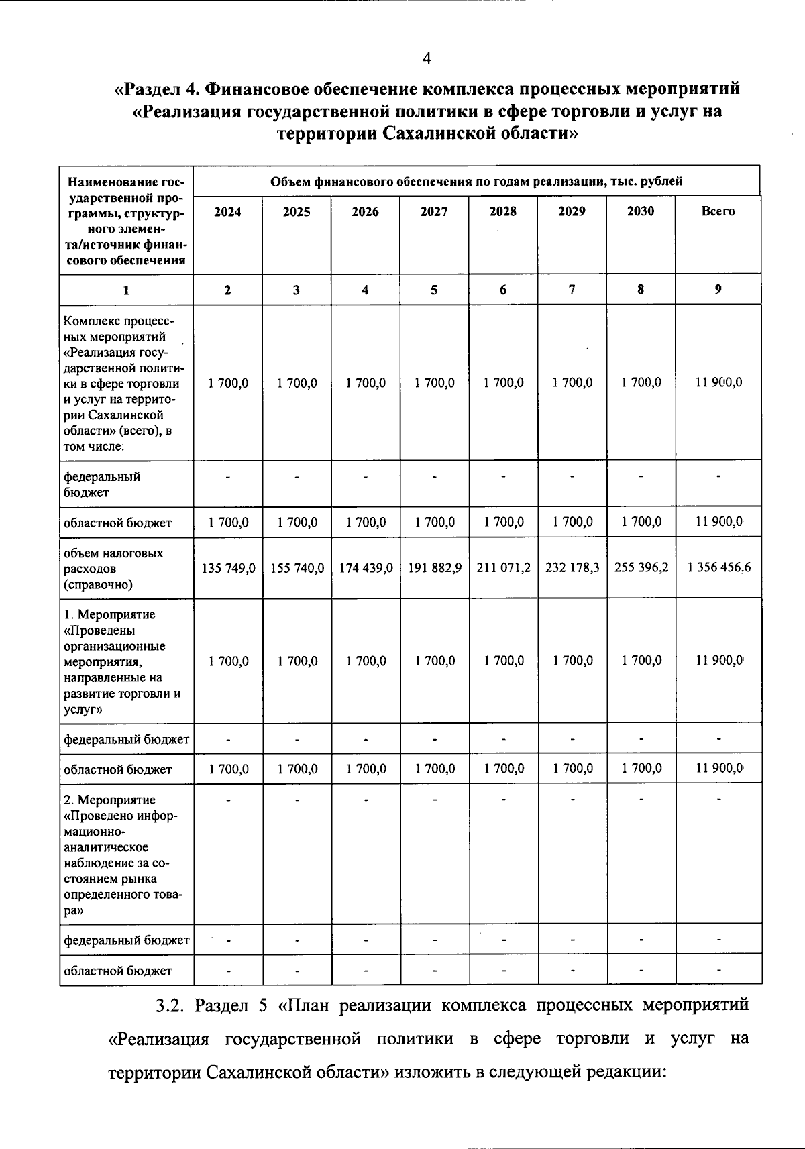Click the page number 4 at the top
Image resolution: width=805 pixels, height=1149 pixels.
pos(427,59)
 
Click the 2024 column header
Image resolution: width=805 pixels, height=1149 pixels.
pos(227,212)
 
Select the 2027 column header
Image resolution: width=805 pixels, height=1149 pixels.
pos(434,212)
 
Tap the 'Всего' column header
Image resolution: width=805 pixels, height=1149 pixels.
pos(718,211)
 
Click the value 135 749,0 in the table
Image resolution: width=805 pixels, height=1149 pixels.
pos(228,568)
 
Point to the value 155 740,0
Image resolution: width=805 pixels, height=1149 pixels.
pos(297,568)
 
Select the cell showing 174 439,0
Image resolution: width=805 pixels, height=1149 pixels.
pos(366,568)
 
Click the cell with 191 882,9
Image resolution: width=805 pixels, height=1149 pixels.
pos(435,568)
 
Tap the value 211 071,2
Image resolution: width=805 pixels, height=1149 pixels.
pos(504,568)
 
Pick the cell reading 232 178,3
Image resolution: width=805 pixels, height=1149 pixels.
pos(572,568)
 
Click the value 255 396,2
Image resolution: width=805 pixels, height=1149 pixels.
pos(641,567)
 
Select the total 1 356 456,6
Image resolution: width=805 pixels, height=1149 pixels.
pos(719,567)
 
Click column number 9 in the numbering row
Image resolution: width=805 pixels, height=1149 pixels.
pos(718,289)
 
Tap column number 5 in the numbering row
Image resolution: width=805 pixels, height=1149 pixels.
pos(434,290)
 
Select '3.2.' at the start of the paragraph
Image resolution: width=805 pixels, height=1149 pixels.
pos(169,1006)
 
